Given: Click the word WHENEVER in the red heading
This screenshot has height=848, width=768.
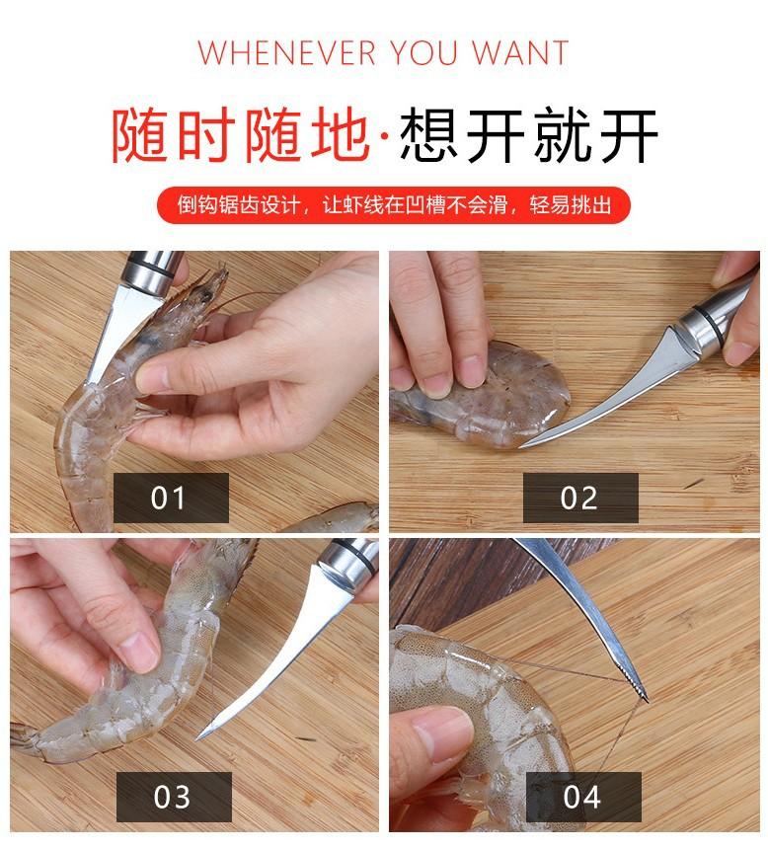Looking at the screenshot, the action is [286, 53].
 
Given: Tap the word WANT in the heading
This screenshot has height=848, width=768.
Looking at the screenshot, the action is [520, 53].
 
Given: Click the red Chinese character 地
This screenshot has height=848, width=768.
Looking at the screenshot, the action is [340, 134].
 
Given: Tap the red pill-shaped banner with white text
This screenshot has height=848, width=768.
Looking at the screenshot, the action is [394, 205].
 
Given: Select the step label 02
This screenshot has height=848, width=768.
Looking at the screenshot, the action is [580, 498].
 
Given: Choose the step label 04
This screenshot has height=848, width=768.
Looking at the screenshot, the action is [583, 797].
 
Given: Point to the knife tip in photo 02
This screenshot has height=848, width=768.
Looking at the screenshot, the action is [521, 447].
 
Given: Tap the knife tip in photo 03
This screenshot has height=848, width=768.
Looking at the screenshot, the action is [199, 737].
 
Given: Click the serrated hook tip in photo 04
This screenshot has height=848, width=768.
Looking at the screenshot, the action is [641, 692].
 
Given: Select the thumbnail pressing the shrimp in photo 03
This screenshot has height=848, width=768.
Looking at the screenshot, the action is [139, 652].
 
